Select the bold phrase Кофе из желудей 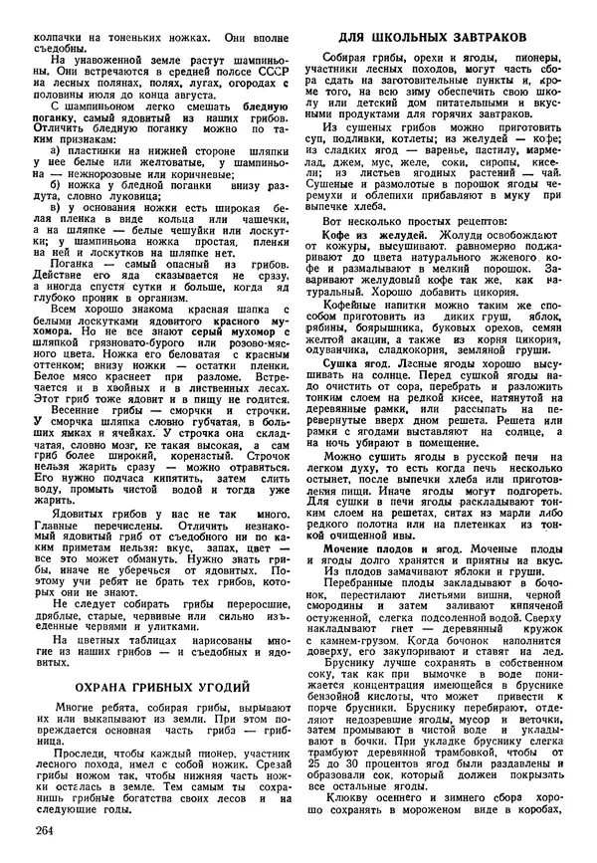361,234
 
